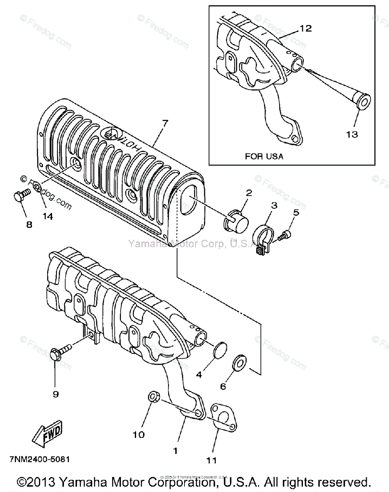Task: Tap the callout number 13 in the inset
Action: (x=352, y=134)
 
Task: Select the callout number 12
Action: (x=305, y=28)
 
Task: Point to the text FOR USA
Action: (x=264, y=156)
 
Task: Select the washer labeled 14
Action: (x=37, y=189)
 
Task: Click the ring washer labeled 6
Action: (x=239, y=362)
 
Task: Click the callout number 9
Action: (x=56, y=394)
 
